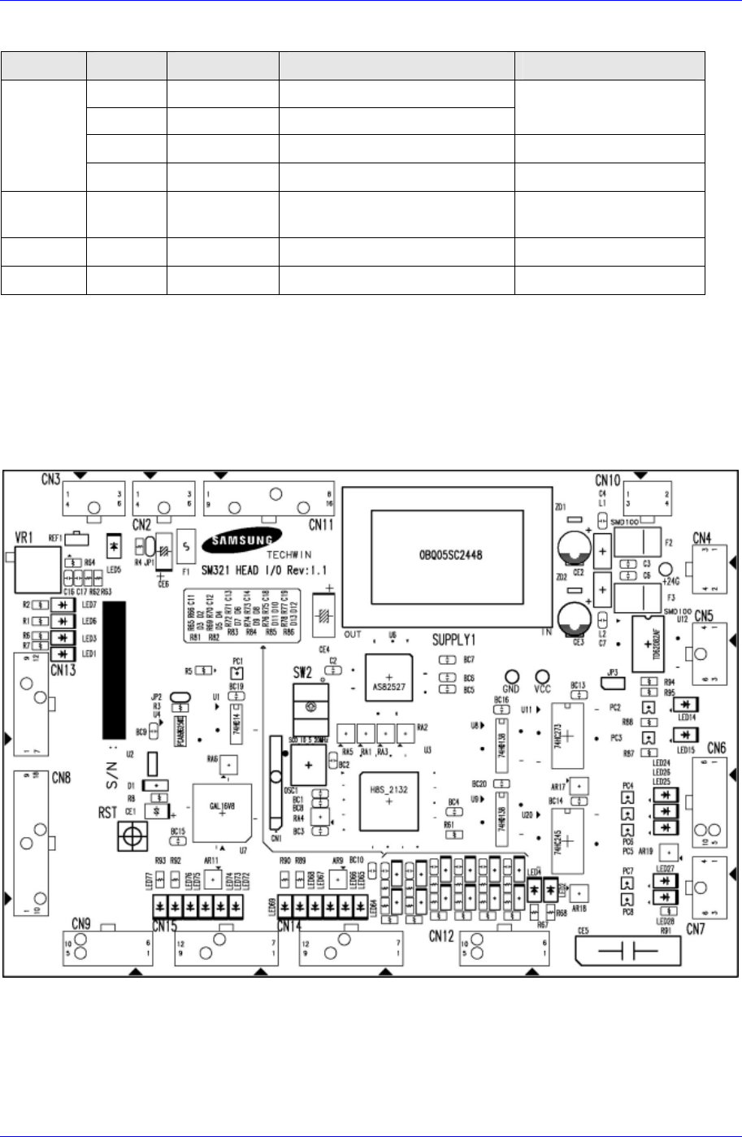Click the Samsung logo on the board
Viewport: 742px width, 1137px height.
coord(245,537)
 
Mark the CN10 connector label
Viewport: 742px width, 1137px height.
coord(608,478)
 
